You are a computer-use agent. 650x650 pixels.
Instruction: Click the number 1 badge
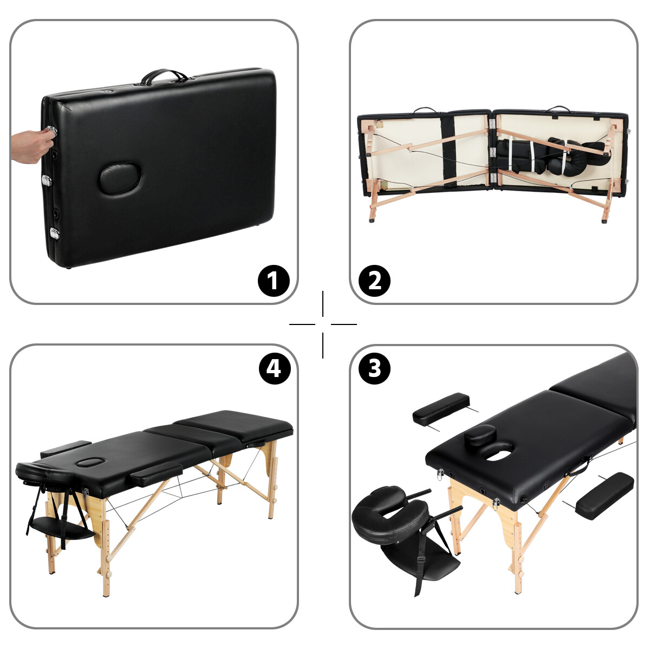coord(274,281)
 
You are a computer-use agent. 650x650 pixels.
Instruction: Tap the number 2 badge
coord(374,281)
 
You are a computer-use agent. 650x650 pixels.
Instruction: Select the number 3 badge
coord(374,368)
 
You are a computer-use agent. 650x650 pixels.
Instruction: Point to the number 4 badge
coord(275,368)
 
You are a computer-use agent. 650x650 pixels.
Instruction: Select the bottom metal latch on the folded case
coord(54,233)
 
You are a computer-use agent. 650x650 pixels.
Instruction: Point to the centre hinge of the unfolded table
coord(492,152)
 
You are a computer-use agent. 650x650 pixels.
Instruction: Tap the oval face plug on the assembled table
coord(90,462)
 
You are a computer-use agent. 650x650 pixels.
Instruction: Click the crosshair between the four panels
coord(323,324)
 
